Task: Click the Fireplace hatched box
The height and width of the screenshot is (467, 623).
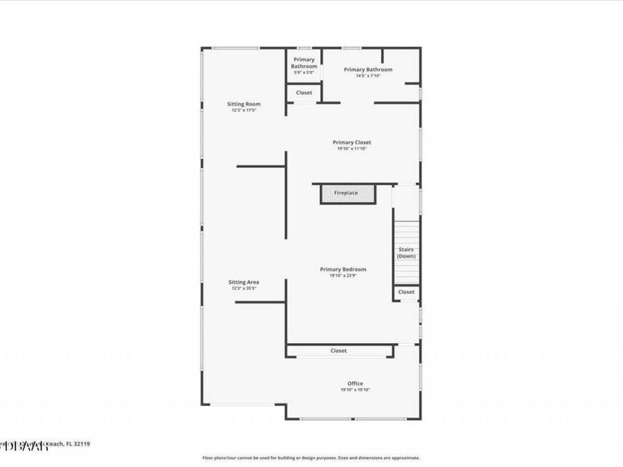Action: tap(346, 193)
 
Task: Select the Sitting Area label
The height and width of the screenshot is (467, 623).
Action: tap(244, 282)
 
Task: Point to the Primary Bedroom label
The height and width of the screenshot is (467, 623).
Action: tap(343, 269)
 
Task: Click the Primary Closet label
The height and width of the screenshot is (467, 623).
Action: tap(352, 143)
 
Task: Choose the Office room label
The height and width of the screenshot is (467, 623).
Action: tap(354, 383)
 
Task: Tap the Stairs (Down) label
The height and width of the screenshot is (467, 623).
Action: tap(406, 253)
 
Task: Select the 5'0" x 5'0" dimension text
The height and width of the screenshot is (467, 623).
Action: tap(304, 73)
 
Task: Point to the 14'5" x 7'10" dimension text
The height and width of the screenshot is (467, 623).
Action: tap(368, 75)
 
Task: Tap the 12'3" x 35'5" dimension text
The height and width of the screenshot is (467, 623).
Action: tap(244, 289)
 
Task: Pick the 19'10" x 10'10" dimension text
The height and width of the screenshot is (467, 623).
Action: tap(354, 390)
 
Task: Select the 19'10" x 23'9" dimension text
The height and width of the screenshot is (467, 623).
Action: tap(343, 275)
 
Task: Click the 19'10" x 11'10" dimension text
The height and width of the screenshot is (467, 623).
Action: tap(352, 149)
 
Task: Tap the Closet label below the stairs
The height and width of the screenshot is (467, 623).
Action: tap(406, 292)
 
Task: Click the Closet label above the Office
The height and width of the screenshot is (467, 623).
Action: tap(338, 351)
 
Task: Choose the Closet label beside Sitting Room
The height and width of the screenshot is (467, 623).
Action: tap(304, 93)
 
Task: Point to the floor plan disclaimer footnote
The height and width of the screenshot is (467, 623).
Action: tap(311, 457)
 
